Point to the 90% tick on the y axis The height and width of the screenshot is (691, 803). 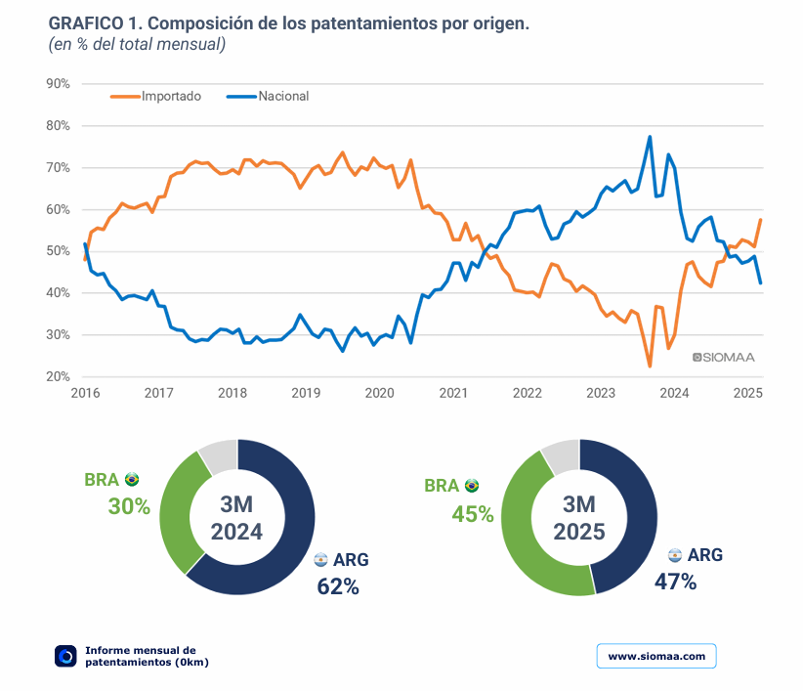[x=58, y=84]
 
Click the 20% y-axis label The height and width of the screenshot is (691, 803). [x=58, y=376]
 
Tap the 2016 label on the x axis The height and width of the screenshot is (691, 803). [x=85, y=393]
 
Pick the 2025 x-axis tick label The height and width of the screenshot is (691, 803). [x=747, y=393]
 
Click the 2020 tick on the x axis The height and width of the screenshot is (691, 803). [x=379, y=393]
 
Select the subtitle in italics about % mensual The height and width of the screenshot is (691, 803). [x=137, y=44]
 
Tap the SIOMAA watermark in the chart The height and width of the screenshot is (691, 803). [x=723, y=358]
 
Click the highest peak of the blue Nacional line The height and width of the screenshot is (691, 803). [x=650, y=137]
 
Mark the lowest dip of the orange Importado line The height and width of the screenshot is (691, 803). [x=650, y=367]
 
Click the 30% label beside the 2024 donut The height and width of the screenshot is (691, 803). [x=129, y=506]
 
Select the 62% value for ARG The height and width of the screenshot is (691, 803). [x=338, y=586]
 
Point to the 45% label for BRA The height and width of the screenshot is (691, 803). [x=472, y=513]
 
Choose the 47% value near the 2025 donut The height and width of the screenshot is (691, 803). [x=675, y=582]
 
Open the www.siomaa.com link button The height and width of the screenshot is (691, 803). [x=656, y=656]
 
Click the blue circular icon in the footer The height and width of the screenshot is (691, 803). [x=65, y=656]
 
